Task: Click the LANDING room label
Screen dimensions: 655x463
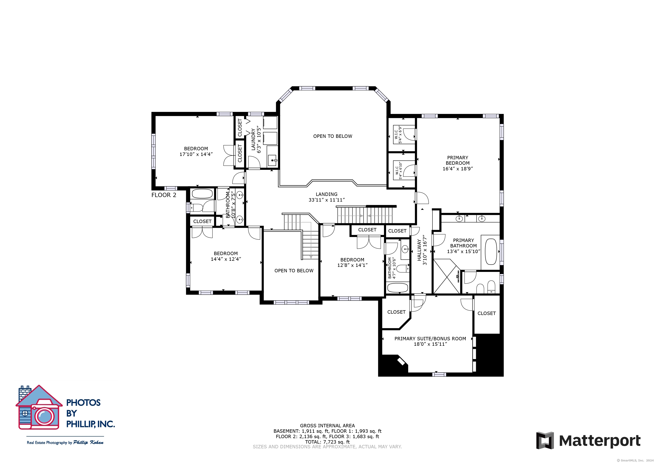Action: pyautogui.click(x=326, y=194)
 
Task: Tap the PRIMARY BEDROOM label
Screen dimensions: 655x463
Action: pyautogui.click(x=458, y=160)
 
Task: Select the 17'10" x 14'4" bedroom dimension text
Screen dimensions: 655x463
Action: pyautogui.click(x=196, y=154)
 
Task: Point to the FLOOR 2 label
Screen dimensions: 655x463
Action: pyautogui.click(x=164, y=195)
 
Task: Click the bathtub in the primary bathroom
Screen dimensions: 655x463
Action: pyautogui.click(x=491, y=252)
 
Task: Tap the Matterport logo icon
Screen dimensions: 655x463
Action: pyautogui.click(x=545, y=440)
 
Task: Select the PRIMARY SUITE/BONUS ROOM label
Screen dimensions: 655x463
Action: pyautogui.click(x=430, y=339)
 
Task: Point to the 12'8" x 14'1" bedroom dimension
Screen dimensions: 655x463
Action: pyautogui.click(x=352, y=265)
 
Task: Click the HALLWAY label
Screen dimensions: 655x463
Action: pyautogui.click(x=419, y=250)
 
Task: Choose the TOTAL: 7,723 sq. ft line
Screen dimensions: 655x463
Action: pyautogui.click(x=327, y=442)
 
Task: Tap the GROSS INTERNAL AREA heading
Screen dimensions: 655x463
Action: pyautogui.click(x=327, y=426)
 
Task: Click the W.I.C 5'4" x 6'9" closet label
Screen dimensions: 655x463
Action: pyautogui.click(x=398, y=135)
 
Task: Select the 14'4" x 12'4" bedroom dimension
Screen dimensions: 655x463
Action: pyautogui.click(x=226, y=259)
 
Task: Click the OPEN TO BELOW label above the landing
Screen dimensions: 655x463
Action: pyautogui.click(x=333, y=136)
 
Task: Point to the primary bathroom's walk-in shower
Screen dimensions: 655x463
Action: pyautogui.click(x=446, y=276)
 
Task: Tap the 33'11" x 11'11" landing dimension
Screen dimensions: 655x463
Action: pyautogui.click(x=326, y=200)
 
